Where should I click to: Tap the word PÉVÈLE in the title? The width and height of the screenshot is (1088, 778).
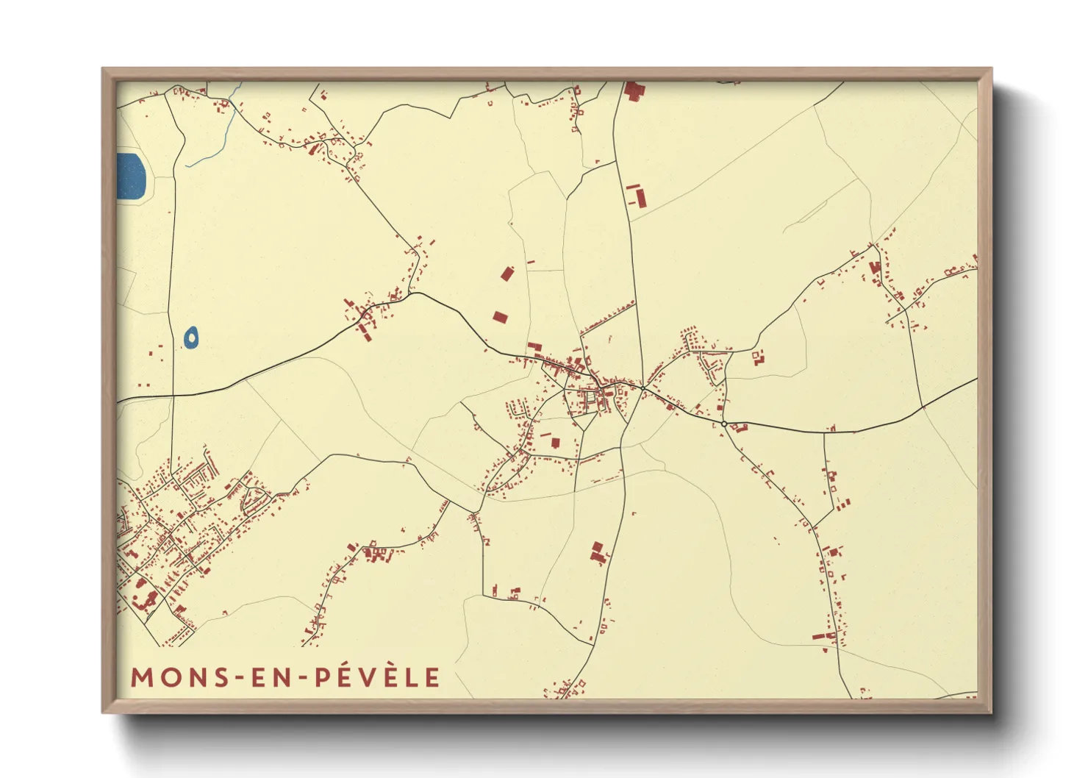378,677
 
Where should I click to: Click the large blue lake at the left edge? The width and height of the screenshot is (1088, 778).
131,176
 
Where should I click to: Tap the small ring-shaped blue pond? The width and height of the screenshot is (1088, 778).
190,338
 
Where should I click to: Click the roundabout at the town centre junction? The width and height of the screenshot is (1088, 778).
643,388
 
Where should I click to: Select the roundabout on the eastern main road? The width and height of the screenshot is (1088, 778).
724,424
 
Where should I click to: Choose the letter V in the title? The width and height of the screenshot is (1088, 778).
376,677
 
